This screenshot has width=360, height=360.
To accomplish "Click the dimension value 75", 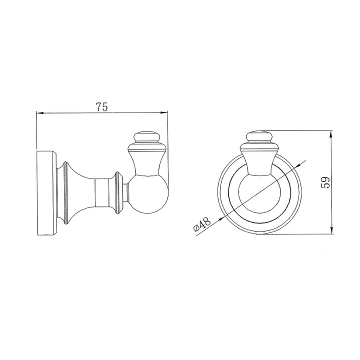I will pos(102,106).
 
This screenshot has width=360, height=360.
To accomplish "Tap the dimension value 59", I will pos(325,182).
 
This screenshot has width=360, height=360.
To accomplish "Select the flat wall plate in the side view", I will pos(46,192).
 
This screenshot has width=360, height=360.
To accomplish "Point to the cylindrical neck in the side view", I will pos(105,192).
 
